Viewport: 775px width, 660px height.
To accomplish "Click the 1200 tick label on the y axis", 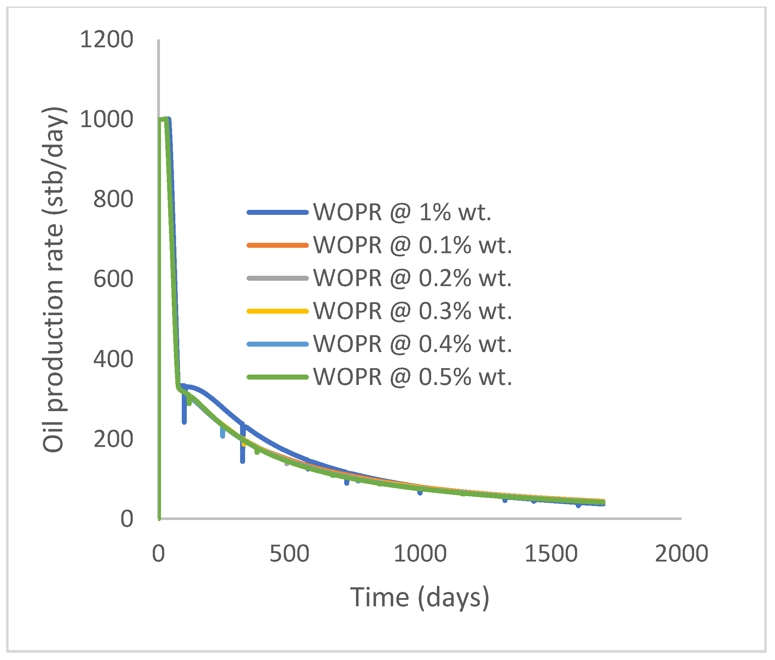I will pyautogui.click(x=107, y=39).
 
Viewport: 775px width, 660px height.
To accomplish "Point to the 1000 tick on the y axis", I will pyautogui.click(x=107, y=119).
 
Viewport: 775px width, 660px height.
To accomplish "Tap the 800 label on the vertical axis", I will pyautogui.click(x=113, y=199).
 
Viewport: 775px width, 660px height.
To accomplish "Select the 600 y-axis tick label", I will pyautogui.click(x=113, y=279).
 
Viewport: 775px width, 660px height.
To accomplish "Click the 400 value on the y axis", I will pyautogui.click(x=113, y=359).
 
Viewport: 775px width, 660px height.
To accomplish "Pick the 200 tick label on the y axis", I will pyautogui.click(x=113, y=439).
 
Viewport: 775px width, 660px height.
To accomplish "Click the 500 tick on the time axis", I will pyautogui.click(x=289, y=553).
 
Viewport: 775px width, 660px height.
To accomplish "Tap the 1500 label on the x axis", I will pyautogui.click(x=551, y=553).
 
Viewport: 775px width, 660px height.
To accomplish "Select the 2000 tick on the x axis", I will pyautogui.click(x=682, y=553).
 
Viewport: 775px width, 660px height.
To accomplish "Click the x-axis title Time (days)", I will pyautogui.click(x=419, y=598).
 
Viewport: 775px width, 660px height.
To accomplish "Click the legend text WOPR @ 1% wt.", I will pyautogui.click(x=402, y=212).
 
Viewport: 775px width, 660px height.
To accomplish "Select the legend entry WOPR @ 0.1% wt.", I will pyautogui.click(x=412, y=245).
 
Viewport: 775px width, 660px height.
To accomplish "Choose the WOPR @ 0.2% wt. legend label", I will pyautogui.click(x=412, y=278).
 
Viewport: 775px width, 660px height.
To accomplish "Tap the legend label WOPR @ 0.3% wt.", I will pyautogui.click(x=412, y=311).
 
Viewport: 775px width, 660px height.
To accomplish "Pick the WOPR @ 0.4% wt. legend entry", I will pyautogui.click(x=412, y=344).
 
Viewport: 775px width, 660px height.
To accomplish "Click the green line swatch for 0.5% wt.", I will pyautogui.click(x=277, y=377).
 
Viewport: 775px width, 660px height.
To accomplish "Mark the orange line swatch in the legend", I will pyautogui.click(x=277, y=245).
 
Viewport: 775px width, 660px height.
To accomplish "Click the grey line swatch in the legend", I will pyautogui.click(x=277, y=278).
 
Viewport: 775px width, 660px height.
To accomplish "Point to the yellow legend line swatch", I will pyautogui.click(x=277, y=311).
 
